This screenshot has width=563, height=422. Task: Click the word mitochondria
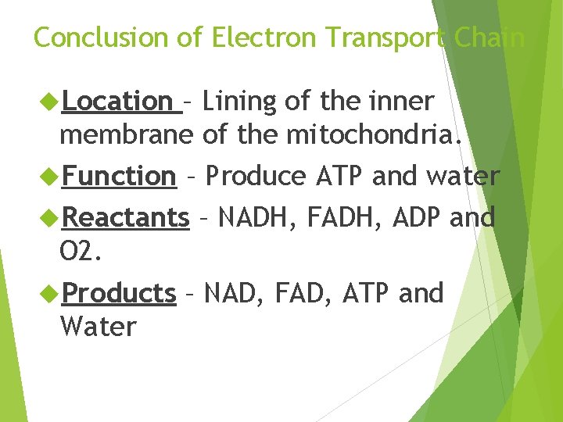[x=383, y=134]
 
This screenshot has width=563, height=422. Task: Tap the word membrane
[x=126, y=134]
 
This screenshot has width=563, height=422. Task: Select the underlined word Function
[x=119, y=177]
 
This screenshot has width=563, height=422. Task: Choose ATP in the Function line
[x=341, y=177]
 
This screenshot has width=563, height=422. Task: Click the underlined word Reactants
[x=125, y=217]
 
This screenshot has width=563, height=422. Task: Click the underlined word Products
[x=119, y=293]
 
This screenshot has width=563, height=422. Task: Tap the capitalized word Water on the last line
[x=98, y=327]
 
